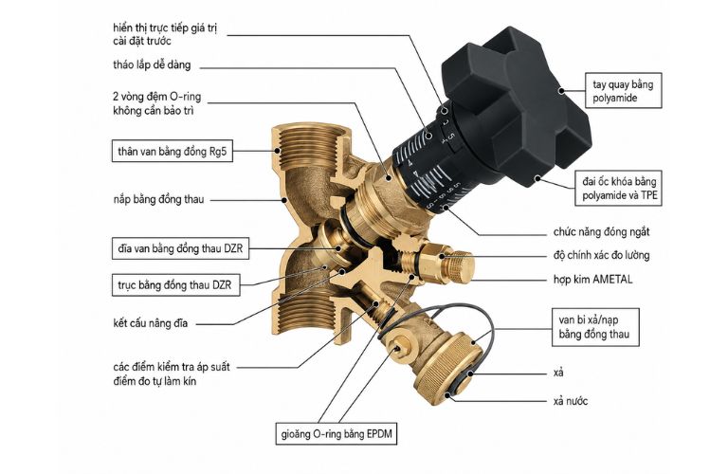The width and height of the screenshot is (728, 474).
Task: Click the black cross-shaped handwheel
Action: (x=516, y=100)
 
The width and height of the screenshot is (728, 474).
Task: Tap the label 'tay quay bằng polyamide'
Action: (x=623, y=91)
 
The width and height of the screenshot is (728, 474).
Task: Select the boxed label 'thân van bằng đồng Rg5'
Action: (x=173, y=152)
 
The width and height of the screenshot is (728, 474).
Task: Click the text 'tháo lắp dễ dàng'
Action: (x=152, y=64)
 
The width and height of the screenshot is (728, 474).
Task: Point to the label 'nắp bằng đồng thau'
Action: (x=159, y=200)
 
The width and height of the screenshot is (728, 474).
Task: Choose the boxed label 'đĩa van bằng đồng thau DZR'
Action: (x=180, y=248)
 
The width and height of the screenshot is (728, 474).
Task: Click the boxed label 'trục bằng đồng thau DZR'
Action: (x=176, y=284)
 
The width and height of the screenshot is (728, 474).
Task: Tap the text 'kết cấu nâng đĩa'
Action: (x=151, y=323)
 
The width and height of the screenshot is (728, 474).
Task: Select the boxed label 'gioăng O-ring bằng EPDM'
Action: (x=337, y=434)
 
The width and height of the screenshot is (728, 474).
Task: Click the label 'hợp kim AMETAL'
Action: (x=592, y=280)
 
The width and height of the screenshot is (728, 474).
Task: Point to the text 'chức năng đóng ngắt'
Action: (x=601, y=231)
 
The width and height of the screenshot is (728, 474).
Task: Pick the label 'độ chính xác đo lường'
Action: (x=601, y=255)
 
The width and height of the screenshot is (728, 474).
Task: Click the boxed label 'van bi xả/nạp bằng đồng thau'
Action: (x=595, y=327)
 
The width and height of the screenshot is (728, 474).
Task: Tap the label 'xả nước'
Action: (x=571, y=401)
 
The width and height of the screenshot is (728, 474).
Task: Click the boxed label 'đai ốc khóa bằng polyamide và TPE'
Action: (x=619, y=188)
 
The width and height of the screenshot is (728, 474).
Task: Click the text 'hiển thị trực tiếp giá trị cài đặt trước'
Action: (x=165, y=34)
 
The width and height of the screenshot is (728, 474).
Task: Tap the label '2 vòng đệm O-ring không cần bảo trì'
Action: (x=157, y=103)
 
